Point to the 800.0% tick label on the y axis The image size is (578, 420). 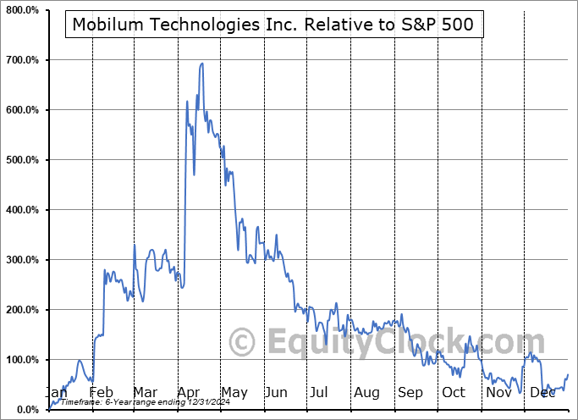point(21,10)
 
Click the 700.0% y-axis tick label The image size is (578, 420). point(21,60)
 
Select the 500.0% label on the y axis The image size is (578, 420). point(21,160)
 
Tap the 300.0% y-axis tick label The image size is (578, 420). point(21,260)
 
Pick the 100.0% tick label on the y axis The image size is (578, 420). point(21,360)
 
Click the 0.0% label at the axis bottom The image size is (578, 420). point(25,410)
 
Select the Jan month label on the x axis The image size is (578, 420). point(55,392)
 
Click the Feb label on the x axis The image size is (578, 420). point(101,392)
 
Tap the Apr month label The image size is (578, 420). point(189,392)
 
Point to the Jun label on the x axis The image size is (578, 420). point(276,392)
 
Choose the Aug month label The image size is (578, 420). point(367,392)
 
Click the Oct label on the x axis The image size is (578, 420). point(454,392)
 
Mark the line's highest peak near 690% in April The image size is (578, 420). point(201,64)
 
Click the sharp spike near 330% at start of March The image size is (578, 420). point(135,246)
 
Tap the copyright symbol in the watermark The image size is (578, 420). point(243,343)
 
